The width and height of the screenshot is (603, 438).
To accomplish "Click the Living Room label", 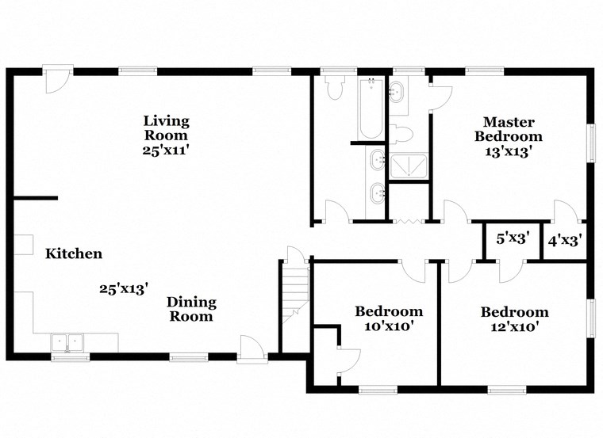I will (166, 128).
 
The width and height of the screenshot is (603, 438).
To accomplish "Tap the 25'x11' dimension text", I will (166, 150).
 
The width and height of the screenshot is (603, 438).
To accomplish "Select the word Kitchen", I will (73, 254).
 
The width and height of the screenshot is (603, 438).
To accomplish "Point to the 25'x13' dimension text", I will (124, 289).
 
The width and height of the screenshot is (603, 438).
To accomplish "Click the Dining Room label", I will (190, 310).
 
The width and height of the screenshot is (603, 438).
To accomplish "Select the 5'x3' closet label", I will (513, 238).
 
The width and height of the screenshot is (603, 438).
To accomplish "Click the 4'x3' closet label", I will (567, 238).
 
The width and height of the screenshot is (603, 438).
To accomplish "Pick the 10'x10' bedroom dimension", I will (388, 326).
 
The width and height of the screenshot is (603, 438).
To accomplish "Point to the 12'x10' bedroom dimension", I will (514, 326).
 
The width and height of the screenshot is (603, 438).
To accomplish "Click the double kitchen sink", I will (68, 342).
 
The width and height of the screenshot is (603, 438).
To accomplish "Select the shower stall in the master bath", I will (409, 166).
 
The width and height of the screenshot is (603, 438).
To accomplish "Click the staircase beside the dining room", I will (294, 293).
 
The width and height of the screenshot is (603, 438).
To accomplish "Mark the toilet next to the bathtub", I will (335, 89).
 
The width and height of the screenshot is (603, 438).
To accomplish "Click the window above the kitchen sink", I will (69, 357).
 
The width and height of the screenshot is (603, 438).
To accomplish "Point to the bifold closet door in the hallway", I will (407, 220).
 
